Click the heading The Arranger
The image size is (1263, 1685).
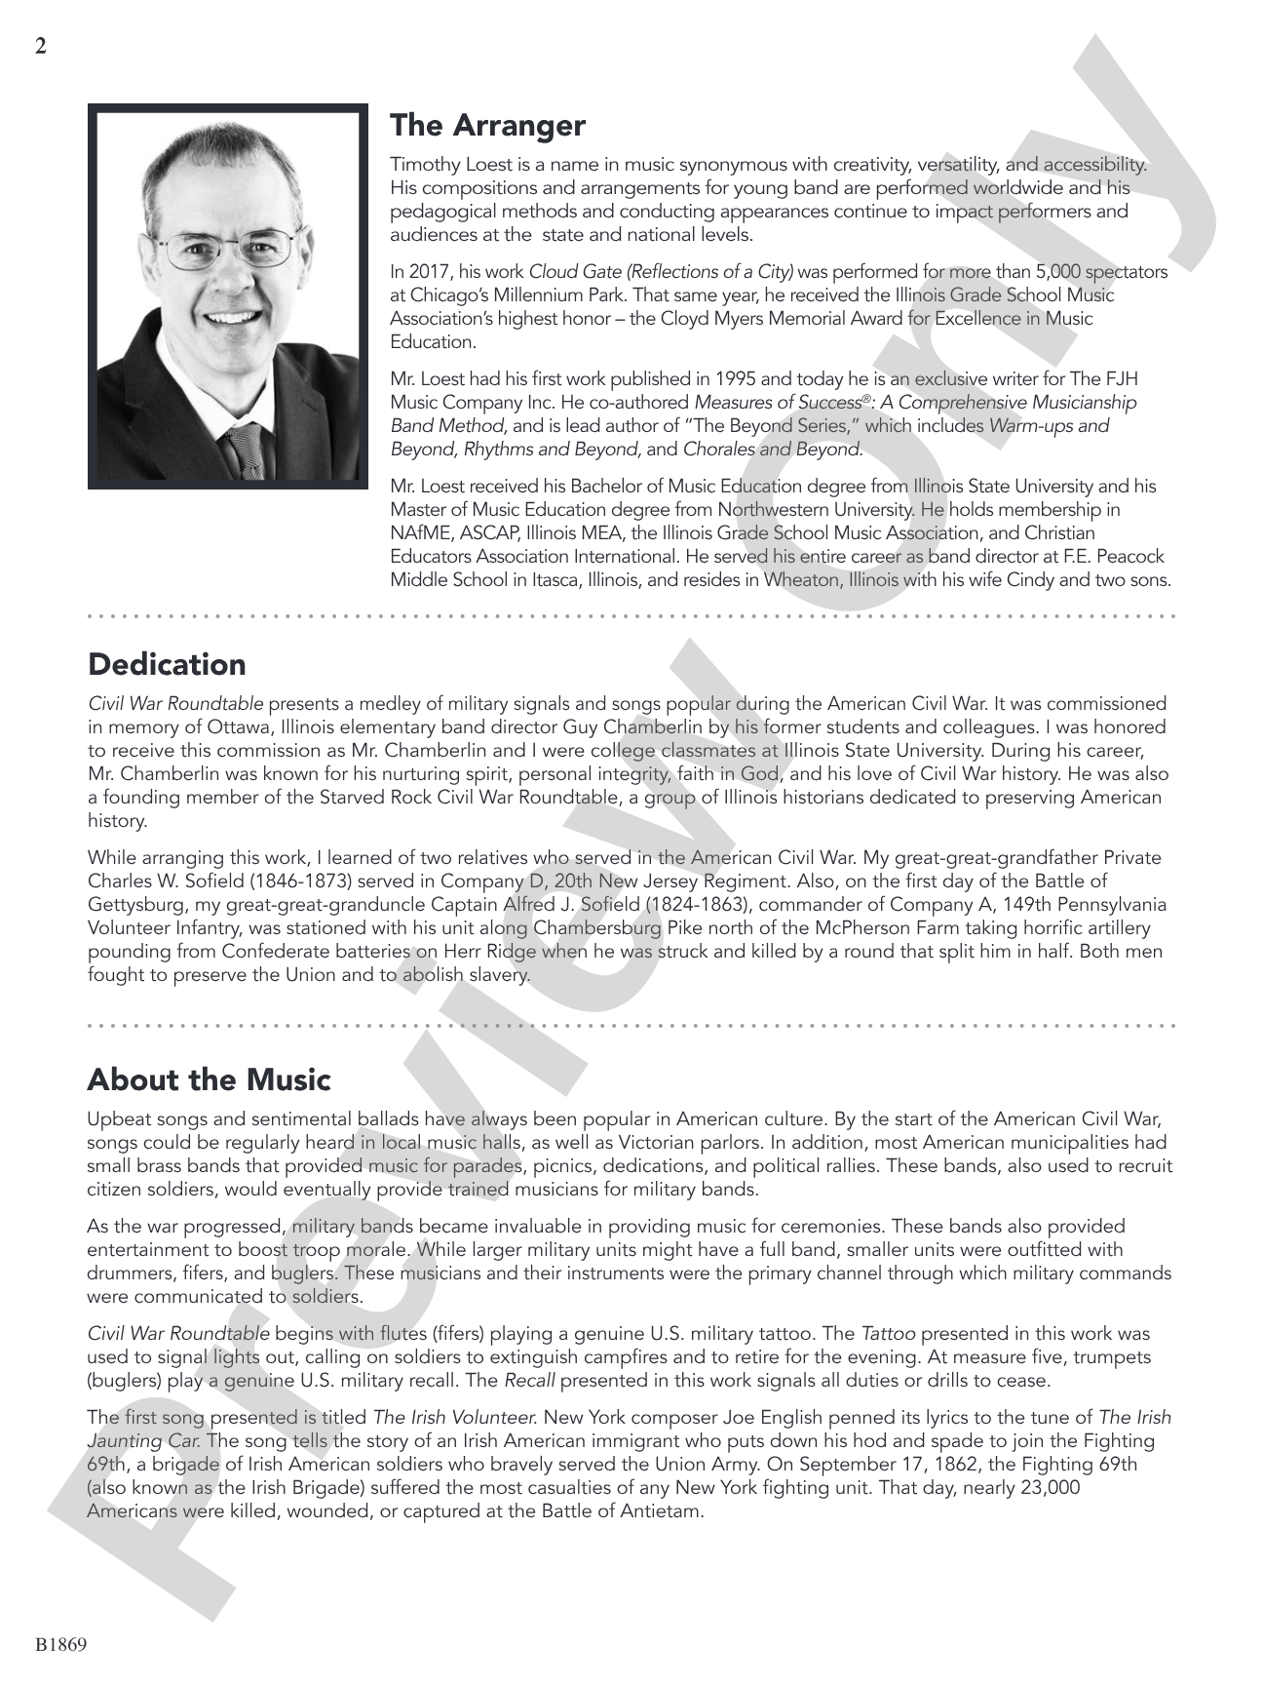pyautogui.click(x=487, y=126)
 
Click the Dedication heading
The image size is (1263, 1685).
pyautogui.click(x=167, y=665)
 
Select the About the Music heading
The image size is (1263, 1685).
pyautogui.click(x=209, y=1079)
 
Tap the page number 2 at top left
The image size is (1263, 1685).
pyautogui.click(x=40, y=46)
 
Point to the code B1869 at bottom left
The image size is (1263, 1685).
pyautogui.click(x=61, y=1645)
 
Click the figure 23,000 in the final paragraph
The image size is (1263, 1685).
pyautogui.click(x=1042, y=1488)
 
